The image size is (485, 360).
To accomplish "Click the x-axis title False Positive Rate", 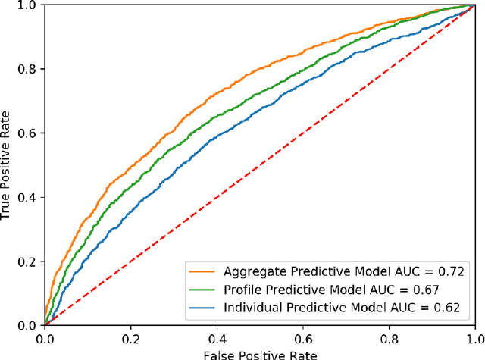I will coord(259,354).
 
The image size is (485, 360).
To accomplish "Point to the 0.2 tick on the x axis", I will coord(130,337).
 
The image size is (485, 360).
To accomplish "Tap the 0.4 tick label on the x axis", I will coord(217,337).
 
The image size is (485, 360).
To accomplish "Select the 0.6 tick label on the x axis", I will coord(302,337).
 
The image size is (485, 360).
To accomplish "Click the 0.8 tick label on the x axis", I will coord(389,337).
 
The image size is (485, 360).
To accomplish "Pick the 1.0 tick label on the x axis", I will coord(474,337).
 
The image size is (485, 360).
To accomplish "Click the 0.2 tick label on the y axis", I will coord(28,261).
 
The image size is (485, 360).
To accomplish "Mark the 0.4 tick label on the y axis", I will coord(28,197).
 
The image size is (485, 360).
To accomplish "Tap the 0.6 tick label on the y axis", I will coord(28,133).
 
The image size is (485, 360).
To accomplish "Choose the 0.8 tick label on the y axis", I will coord(28,69).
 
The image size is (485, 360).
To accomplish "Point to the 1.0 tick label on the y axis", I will coord(28,5).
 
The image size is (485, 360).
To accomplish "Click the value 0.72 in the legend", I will coord(447,271).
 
